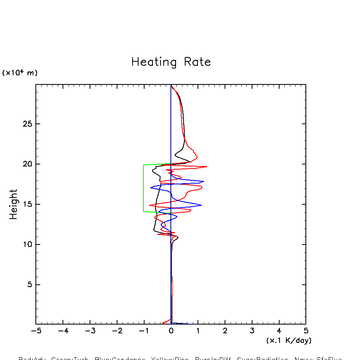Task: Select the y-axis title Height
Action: point(14,204)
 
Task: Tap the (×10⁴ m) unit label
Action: point(20,73)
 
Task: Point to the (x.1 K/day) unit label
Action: point(289,340)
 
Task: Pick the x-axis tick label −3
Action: point(90,331)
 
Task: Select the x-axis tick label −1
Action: point(143,331)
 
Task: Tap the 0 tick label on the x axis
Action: point(171,331)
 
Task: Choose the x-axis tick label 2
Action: point(225,331)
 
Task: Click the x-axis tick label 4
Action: point(279,331)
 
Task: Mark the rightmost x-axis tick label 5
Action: point(306,331)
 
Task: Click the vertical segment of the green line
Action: point(143,188)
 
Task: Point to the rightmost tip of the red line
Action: point(207,166)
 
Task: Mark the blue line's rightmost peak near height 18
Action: point(203,181)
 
